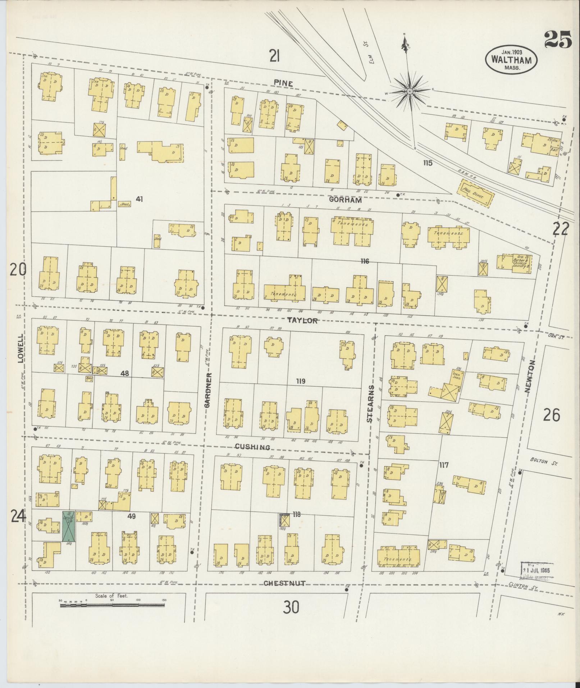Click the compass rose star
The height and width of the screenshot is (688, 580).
tap(409, 92)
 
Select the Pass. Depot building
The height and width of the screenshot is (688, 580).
tap(475, 193)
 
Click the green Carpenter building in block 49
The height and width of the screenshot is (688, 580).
tap(68, 526)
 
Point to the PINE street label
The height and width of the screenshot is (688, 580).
tap(283, 83)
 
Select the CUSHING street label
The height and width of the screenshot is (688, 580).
tap(252, 447)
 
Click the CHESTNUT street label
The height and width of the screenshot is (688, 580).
tap(284, 583)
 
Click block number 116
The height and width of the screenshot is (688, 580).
tap(365, 261)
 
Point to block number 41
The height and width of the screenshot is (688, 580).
tap(140, 199)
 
